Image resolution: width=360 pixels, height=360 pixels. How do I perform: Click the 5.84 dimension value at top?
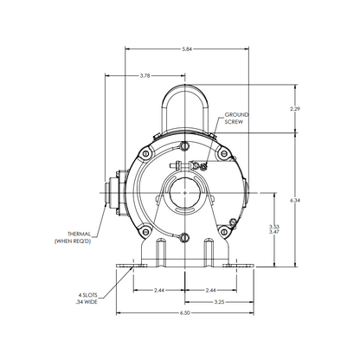click(x=187, y=49)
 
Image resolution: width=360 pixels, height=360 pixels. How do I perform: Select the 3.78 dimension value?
click(x=145, y=76)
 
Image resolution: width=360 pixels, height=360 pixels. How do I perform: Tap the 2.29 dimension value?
click(x=295, y=109)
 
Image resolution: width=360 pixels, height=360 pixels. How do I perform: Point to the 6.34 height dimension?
click(x=295, y=200)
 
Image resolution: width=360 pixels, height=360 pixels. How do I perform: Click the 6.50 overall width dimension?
click(x=185, y=313)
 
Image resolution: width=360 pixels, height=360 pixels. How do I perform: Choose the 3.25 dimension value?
click(x=219, y=302)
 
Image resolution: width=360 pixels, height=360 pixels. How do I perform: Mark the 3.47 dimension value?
click(x=273, y=232)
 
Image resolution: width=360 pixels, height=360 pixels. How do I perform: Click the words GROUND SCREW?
click(x=236, y=119)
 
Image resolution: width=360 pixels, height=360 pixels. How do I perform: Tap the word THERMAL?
click(x=80, y=234)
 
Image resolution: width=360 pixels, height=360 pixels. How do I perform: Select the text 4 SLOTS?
click(x=88, y=295)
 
